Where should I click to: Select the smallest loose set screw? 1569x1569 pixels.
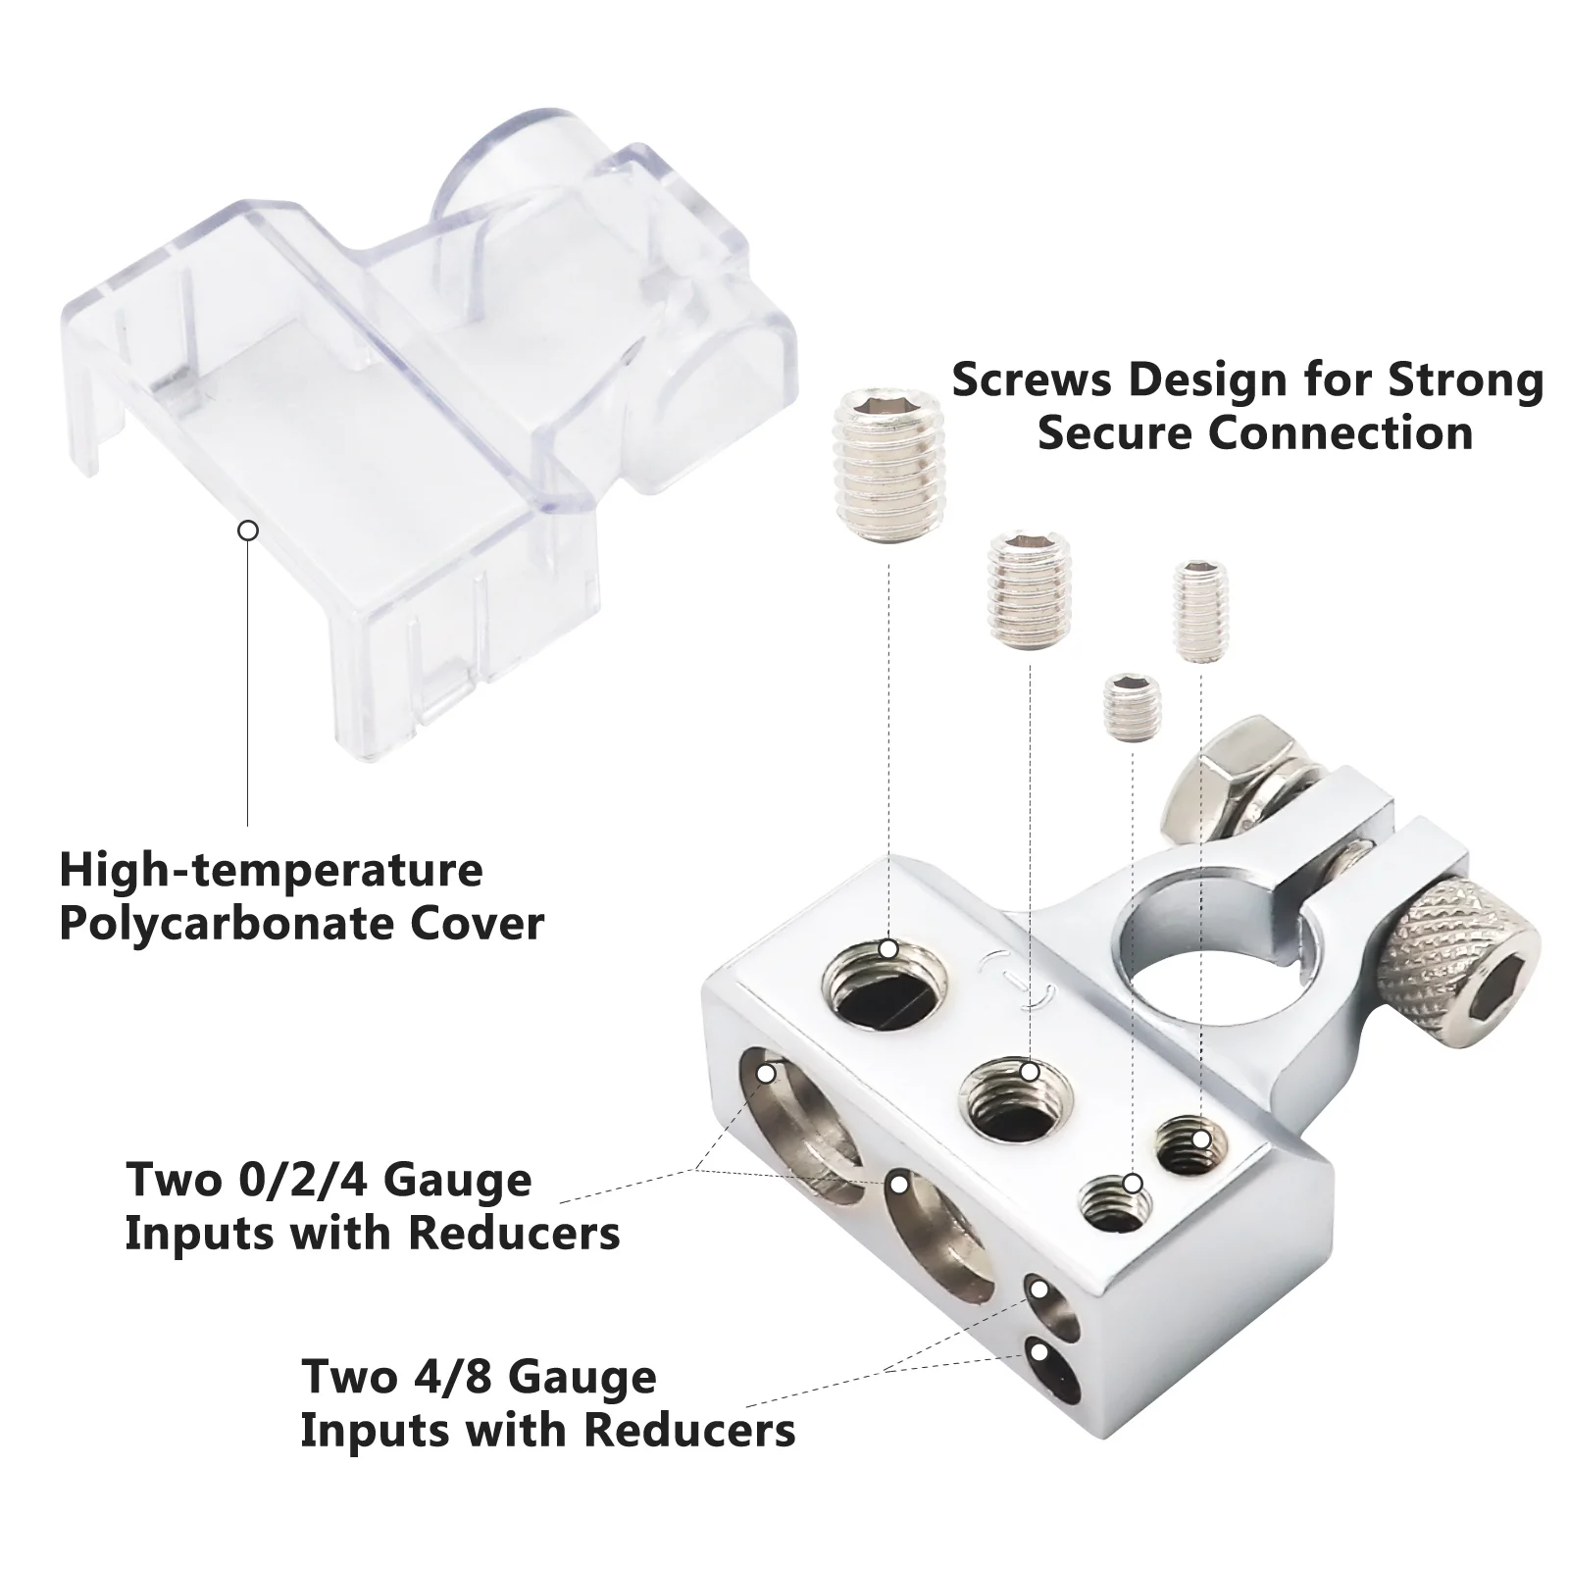point(1134,706)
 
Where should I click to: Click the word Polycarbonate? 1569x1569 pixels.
point(228,924)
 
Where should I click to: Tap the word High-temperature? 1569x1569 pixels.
point(272,871)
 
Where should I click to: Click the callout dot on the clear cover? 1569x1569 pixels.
point(248,531)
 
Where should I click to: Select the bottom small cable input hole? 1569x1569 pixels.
point(1051,1374)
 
